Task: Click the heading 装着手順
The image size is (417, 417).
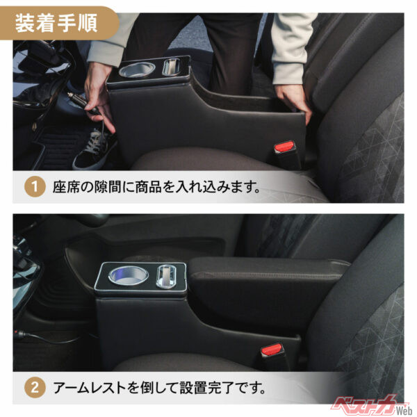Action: (x=59, y=23)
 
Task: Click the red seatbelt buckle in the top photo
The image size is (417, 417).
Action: (x=286, y=147)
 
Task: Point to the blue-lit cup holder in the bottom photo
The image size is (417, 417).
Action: (x=126, y=274)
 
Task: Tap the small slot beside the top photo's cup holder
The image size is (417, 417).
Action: (x=171, y=67)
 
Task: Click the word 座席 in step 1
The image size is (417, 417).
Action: (x=64, y=187)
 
